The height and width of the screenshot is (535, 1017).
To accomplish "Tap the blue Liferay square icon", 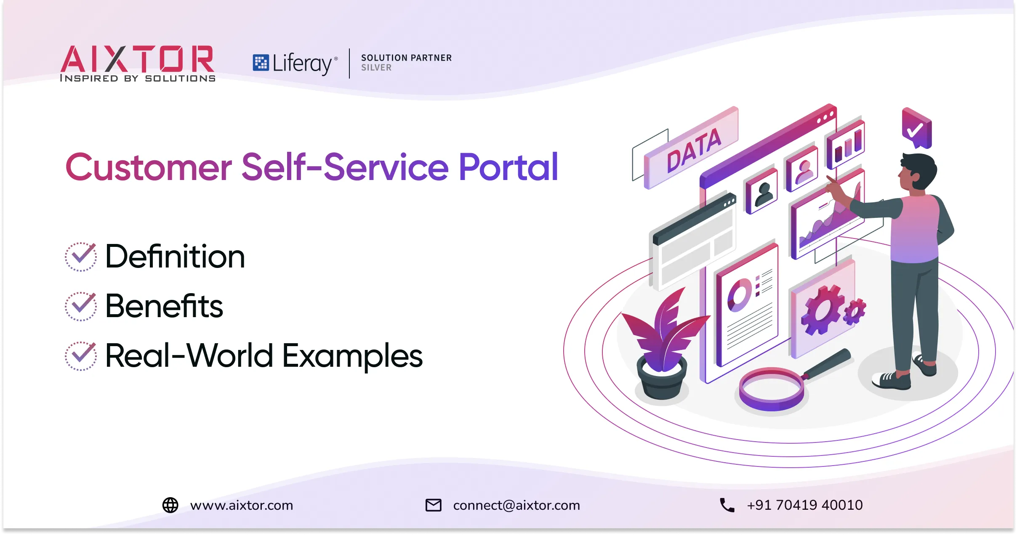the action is click(261, 63).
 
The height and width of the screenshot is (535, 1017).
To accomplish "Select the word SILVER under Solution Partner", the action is click(376, 68).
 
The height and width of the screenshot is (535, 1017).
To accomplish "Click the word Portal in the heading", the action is click(508, 167).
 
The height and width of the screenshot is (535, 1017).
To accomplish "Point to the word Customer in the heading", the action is click(149, 167).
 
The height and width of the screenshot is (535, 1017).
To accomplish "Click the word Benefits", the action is click(164, 306).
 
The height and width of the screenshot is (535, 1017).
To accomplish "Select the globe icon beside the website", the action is click(170, 505).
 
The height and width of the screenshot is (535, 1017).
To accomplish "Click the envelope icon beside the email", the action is click(434, 505).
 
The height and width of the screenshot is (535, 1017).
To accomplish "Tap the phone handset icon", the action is click(727, 505).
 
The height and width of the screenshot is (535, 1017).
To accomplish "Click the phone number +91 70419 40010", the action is click(805, 505).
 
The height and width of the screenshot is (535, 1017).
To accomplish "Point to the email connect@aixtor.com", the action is click(516, 505).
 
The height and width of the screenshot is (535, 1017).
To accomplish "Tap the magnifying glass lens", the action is click(772, 389).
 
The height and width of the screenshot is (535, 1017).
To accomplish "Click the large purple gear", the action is click(821, 310).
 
